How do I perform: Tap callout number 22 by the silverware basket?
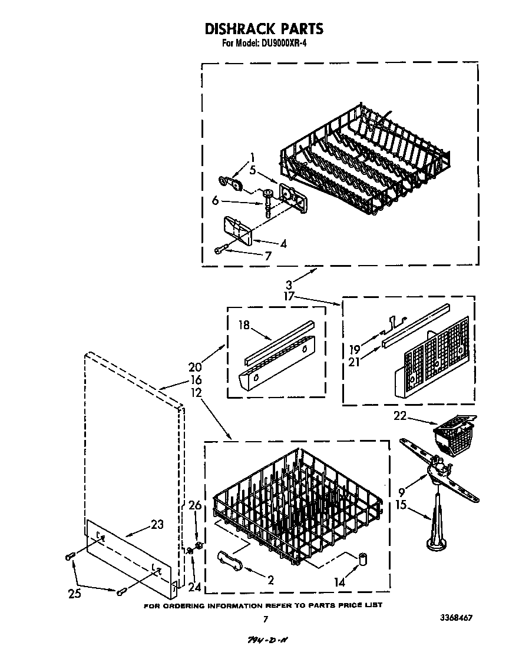pos(400,416)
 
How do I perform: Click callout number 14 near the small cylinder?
pos(340,582)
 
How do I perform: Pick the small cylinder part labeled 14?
pos(359,558)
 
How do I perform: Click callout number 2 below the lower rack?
pos(270,580)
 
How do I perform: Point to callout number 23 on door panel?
pos(157,524)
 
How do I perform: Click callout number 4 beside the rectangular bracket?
pos(283,243)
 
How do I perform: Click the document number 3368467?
pos(454,618)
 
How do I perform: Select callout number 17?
pos(289,297)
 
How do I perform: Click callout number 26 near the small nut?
pos(194,505)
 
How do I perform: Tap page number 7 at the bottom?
pos(265,619)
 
